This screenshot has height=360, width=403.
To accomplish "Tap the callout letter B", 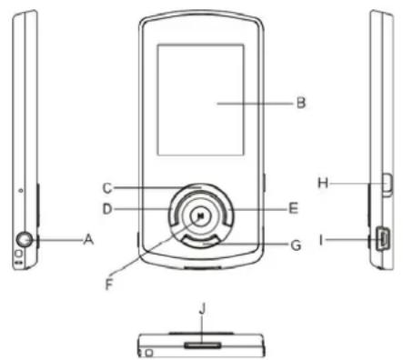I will point(300,103).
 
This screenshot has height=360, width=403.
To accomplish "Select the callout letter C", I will point(106,188).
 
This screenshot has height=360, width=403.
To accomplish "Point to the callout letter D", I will point(106,208).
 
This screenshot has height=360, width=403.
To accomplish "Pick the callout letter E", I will point(293,208).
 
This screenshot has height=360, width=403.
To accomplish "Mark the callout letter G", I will point(293,245).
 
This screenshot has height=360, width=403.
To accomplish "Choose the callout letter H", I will point(322,183).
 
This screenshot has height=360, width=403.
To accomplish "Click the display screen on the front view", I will point(199,98).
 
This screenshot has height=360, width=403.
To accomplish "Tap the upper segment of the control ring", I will point(199,191).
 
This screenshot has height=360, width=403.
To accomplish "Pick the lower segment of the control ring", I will point(199,241).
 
